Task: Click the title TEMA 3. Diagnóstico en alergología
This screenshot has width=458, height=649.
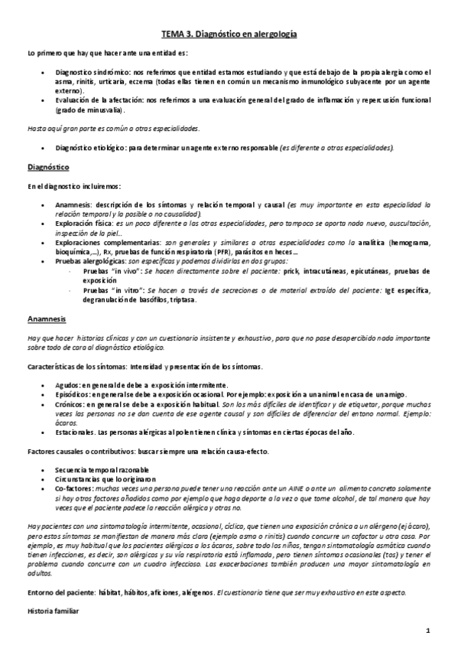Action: click(x=229, y=34)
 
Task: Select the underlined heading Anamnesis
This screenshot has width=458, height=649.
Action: click(x=46, y=318)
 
